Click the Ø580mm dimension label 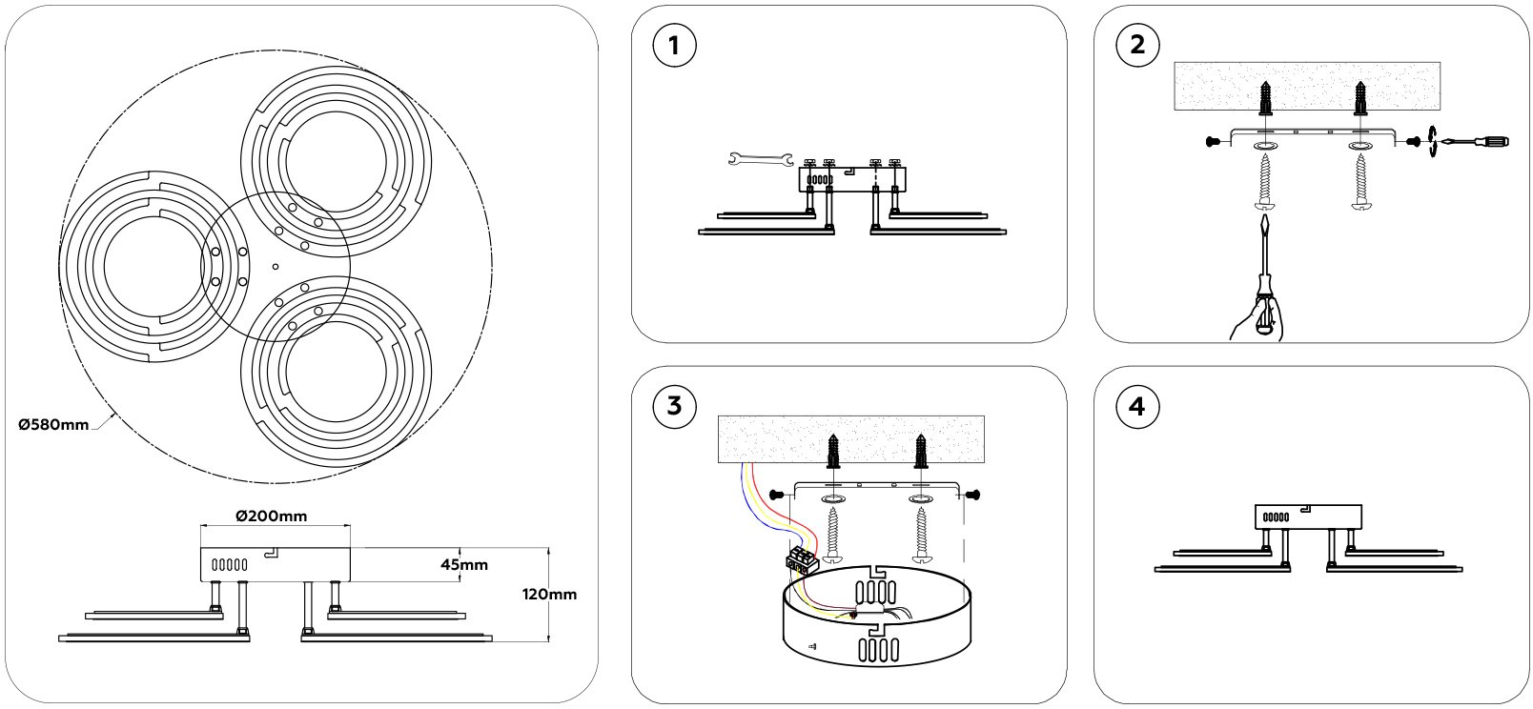tap(53, 424)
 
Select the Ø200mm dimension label tap(271, 516)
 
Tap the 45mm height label tap(464, 564)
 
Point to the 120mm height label tap(550, 594)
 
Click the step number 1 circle tap(675, 46)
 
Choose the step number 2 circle tap(1136, 46)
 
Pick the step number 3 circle tap(675, 406)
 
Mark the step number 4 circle tap(1136, 406)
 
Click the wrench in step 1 tap(761, 158)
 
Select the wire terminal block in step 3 tap(802, 557)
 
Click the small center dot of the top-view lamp tap(275, 267)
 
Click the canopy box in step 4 tap(1307, 516)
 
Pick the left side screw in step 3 tap(776, 495)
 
